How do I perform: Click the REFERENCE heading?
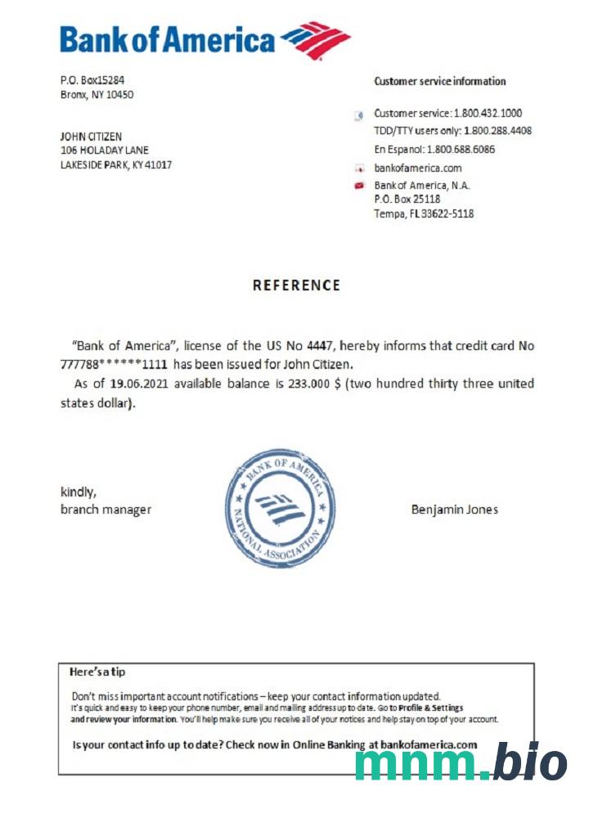pos(296,285)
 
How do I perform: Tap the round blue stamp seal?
pos(280,508)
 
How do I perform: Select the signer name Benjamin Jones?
pos(454,510)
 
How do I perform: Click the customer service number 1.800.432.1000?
pos(488,113)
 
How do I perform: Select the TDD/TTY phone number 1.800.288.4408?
pos(497,131)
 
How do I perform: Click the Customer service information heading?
pos(439,81)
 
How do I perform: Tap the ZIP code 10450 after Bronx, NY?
pos(119,94)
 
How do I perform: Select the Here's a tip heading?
pos(97,672)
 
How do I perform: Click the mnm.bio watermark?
pos(461,764)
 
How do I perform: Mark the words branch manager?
pos(106,510)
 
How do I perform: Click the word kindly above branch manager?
pos(79,492)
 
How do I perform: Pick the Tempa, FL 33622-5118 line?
pos(424,213)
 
